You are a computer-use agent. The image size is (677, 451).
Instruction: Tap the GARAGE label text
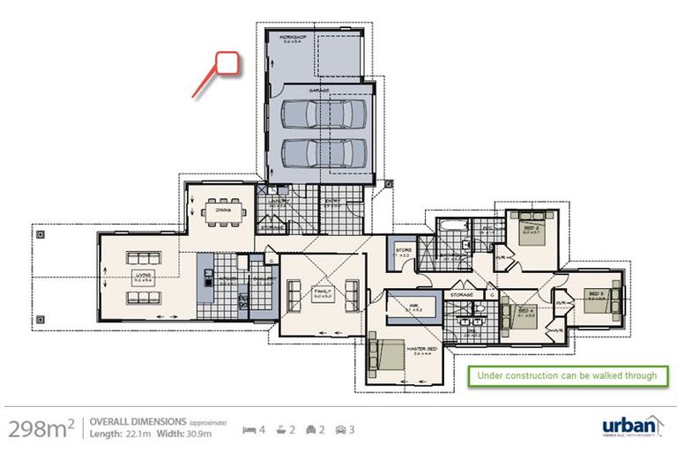point(318,90)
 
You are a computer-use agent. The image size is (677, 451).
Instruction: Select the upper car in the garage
point(324,114)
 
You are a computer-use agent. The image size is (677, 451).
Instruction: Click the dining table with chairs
point(218,211)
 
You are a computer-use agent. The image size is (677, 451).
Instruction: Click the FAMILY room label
point(321,292)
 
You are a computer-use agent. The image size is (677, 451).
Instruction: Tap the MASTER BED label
point(417,348)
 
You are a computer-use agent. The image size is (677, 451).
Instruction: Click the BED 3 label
point(596,293)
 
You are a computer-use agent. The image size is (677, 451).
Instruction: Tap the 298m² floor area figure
point(41,428)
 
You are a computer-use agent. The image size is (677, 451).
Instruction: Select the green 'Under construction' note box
point(567,375)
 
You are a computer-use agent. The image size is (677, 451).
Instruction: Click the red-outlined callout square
point(228,63)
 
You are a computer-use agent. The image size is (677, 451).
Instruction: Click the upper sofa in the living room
point(140,259)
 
